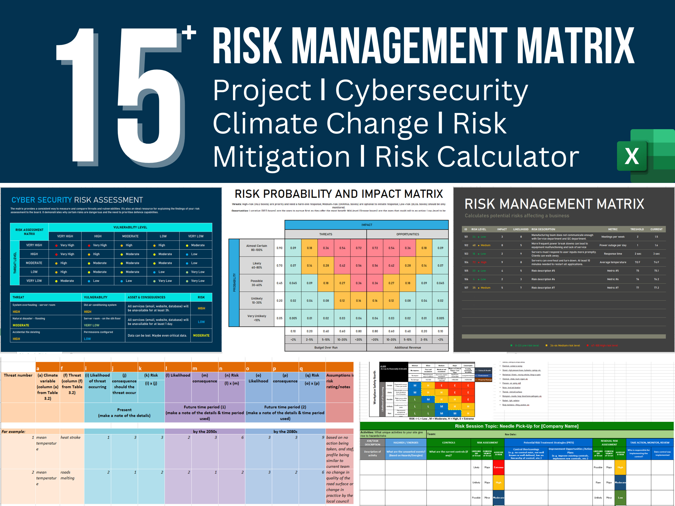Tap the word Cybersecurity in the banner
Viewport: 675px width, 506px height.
click(x=431, y=91)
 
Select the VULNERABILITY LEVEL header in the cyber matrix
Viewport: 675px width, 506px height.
click(x=130, y=227)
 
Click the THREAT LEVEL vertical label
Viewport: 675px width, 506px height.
click(x=15, y=263)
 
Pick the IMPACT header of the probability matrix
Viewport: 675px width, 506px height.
click(x=366, y=225)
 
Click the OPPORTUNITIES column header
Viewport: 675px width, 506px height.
click(x=407, y=234)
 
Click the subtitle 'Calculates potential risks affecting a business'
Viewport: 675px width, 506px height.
click(x=517, y=216)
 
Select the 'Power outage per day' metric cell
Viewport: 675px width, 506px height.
click(x=612, y=245)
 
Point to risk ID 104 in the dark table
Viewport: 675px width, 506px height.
click(x=466, y=262)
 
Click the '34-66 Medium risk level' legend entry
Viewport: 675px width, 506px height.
click(x=564, y=346)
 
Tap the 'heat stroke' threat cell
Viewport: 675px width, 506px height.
click(x=70, y=437)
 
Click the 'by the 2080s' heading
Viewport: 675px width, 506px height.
click(x=285, y=432)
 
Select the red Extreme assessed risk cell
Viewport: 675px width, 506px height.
click(x=498, y=467)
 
